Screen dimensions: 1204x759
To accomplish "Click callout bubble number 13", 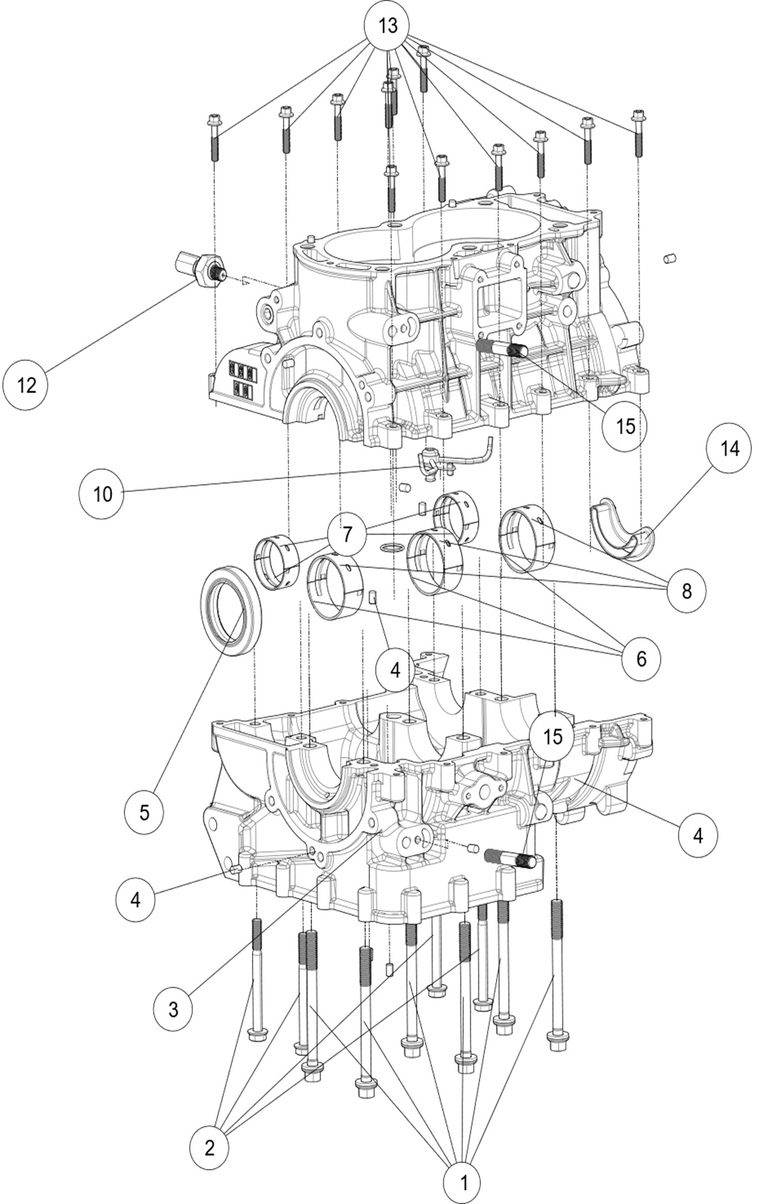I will coord(388,26).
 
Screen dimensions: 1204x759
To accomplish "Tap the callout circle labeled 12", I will coord(26,385).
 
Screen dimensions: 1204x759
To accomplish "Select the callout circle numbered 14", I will coord(730,449).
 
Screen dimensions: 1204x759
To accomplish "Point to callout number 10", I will coord(103,494).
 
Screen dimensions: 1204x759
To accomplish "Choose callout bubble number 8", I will coord(686,591).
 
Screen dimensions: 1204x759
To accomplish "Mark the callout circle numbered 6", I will coord(641,659).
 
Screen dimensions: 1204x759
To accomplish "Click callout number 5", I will coord(144,812).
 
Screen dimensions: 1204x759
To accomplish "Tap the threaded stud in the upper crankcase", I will coord(502,348).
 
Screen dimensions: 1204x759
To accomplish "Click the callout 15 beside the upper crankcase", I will coord(625,426).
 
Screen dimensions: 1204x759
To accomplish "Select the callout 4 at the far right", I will coord(697,835).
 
